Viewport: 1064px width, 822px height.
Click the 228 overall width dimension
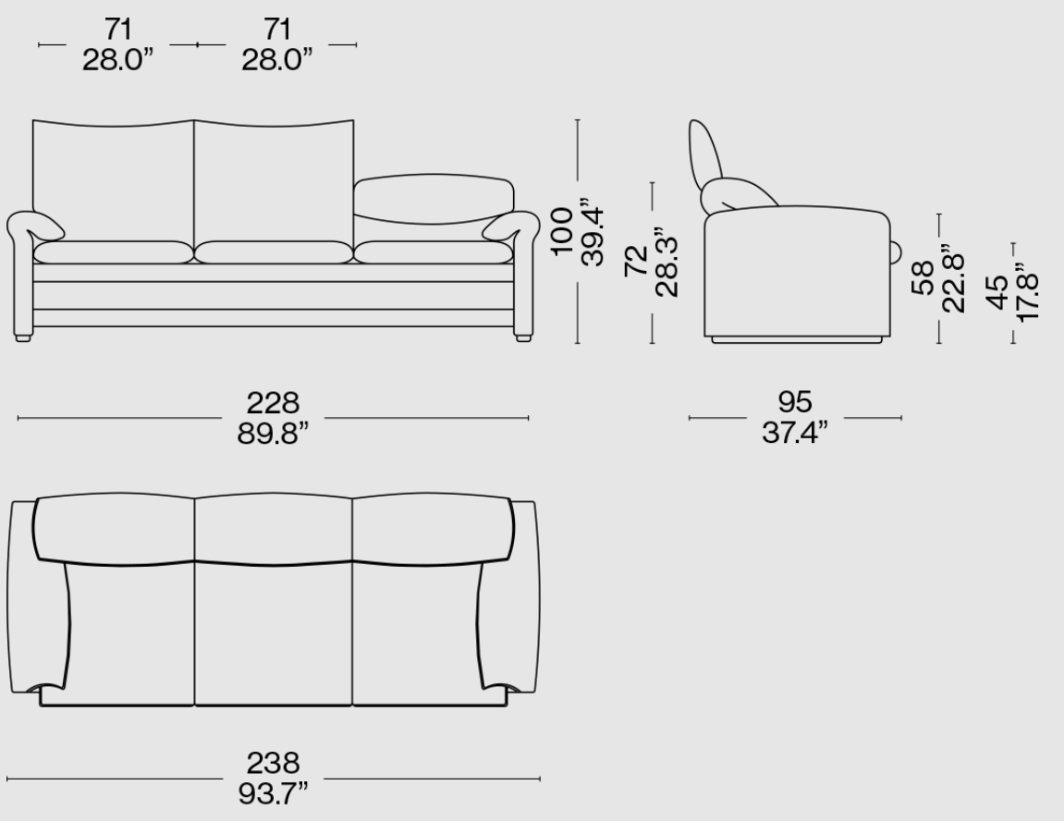[273, 402]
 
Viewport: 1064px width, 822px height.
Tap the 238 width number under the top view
[273, 763]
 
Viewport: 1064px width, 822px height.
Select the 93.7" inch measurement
[273, 793]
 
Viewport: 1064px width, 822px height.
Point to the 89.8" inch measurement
[273, 433]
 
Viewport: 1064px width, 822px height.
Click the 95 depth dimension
[795, 402]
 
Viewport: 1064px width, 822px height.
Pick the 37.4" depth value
[795, 433]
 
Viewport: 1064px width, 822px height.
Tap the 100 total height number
[563, 231]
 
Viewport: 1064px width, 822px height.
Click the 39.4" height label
[593, 232]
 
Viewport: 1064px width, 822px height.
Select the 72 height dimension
[636, 261]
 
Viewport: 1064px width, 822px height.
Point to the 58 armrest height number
[923, 278]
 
